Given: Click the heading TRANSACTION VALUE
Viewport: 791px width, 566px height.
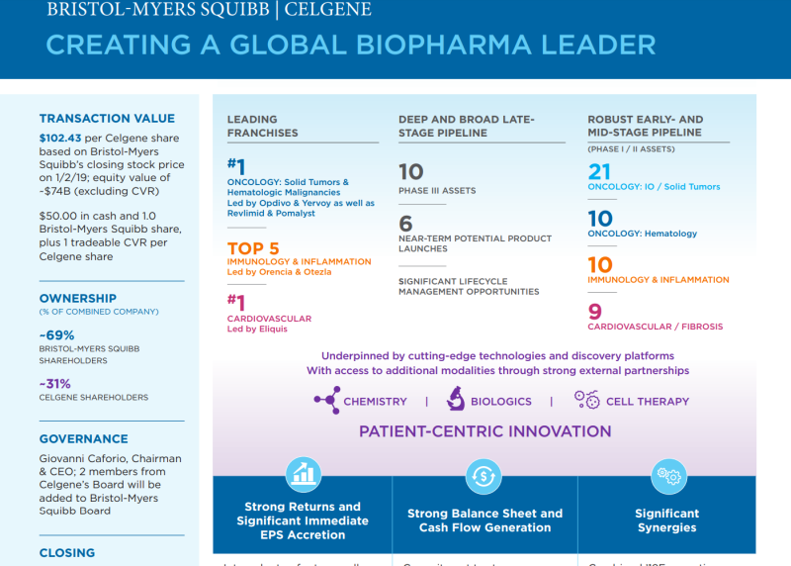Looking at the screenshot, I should pyautogui.click(x=107, y=119).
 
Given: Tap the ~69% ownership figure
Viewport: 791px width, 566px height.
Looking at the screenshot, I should pyautogui.click(x=57, y=335).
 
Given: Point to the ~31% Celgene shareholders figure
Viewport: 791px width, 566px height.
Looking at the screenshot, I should pyautogui.click(x=55, y=383).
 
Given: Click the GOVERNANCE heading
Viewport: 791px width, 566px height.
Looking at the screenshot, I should pyautogui.click(x=84, y=439).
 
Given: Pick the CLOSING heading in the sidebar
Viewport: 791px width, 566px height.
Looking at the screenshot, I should pyautogui.click(x=67, y=553).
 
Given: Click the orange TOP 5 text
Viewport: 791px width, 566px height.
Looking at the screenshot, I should pyautogui.click(x=253, y=248).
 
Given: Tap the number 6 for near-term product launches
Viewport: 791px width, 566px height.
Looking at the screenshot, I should pyautogui.click(x=405, y=224).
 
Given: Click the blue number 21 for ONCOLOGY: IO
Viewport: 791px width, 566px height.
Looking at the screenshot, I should pyautogui.click(x=600, y=171).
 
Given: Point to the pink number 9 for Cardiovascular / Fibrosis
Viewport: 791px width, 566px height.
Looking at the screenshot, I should pyautogui.click(x=595, y=313).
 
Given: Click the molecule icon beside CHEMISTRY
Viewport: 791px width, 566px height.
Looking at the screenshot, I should pyautogui.click(x=326, y=401).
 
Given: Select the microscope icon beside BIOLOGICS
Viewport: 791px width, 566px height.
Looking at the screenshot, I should pyautogui.click(x=456, y=400).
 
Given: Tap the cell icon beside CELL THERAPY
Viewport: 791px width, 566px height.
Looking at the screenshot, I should pyautogui.click(x=586, y=400).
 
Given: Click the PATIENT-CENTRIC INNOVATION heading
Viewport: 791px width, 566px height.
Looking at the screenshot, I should pyautogui.click(x=484, y=431).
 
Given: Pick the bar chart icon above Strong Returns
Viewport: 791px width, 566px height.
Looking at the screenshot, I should pyautogui.click(x=303, y=476).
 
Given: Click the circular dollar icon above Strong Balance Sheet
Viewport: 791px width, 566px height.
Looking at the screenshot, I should pyautogui.click(x=484, y=476).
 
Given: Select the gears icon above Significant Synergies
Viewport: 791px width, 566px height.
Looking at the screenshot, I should pyautogui.click(x=667, y=476).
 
